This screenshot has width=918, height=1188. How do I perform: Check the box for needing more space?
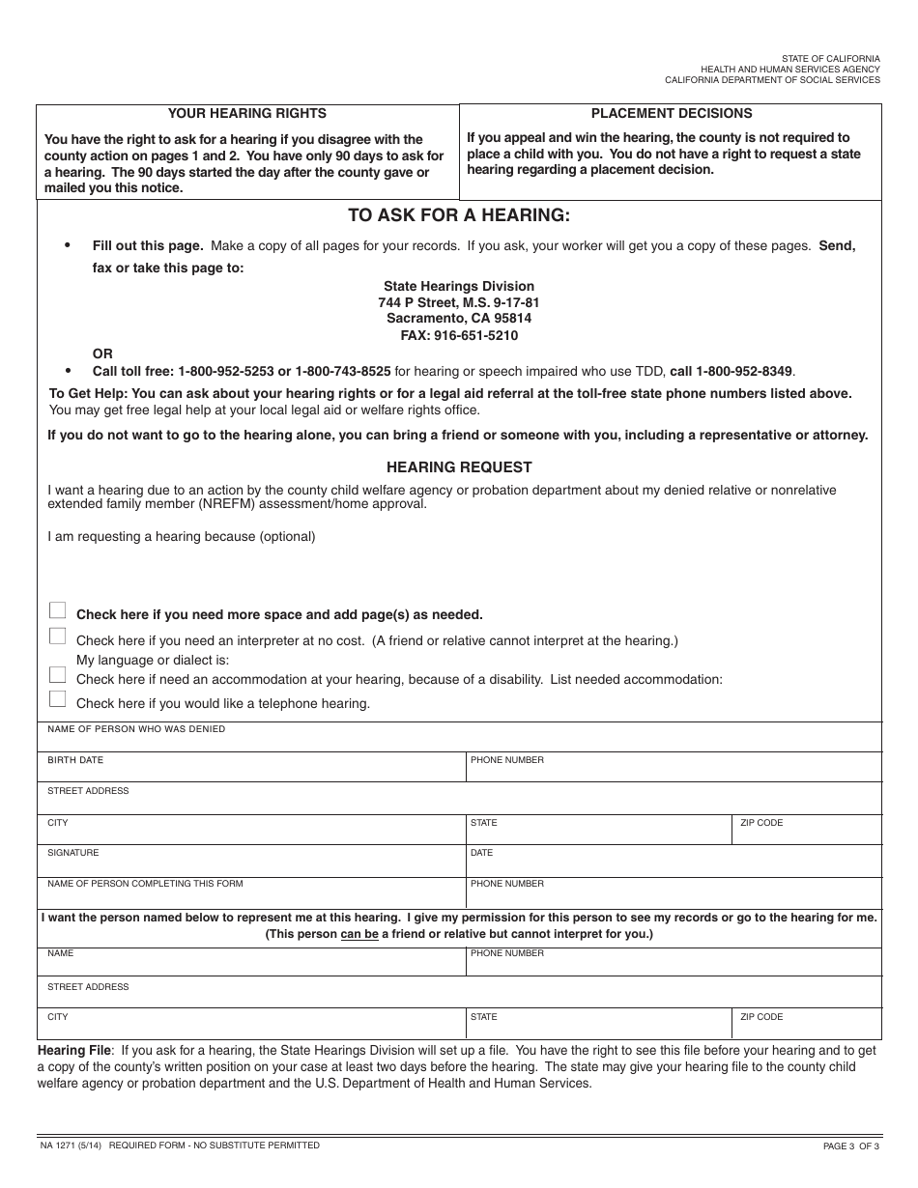tap(58, 610)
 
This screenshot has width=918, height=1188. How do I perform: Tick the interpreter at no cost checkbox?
tap(58, 636)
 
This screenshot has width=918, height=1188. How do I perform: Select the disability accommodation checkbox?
tap(58, 675)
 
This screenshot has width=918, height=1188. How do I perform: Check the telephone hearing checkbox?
tap(58, 699)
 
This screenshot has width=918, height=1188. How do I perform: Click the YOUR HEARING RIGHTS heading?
tap(247, 113)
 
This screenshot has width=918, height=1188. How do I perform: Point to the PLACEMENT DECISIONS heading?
tap(672, 113)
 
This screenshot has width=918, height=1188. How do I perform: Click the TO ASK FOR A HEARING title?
tap(459, 215)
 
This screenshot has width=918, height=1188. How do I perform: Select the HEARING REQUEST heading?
tap(459, 467)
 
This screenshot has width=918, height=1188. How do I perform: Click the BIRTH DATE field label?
tap(75, 760)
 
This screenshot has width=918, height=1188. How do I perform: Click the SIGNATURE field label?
tap(73, 853)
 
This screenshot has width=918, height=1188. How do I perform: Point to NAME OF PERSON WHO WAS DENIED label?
tap(136, 729)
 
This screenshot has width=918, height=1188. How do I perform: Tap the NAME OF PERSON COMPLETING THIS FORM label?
tap(145, 884)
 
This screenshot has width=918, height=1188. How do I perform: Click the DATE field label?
tap(481, 853)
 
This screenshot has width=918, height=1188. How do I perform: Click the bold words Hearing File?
tap(74, 1049)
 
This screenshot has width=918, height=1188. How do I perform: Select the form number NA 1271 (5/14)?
tap(72, 1146)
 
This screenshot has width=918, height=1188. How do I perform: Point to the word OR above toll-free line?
tap(102, 354)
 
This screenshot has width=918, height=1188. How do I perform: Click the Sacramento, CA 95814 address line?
tap(459, 318)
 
